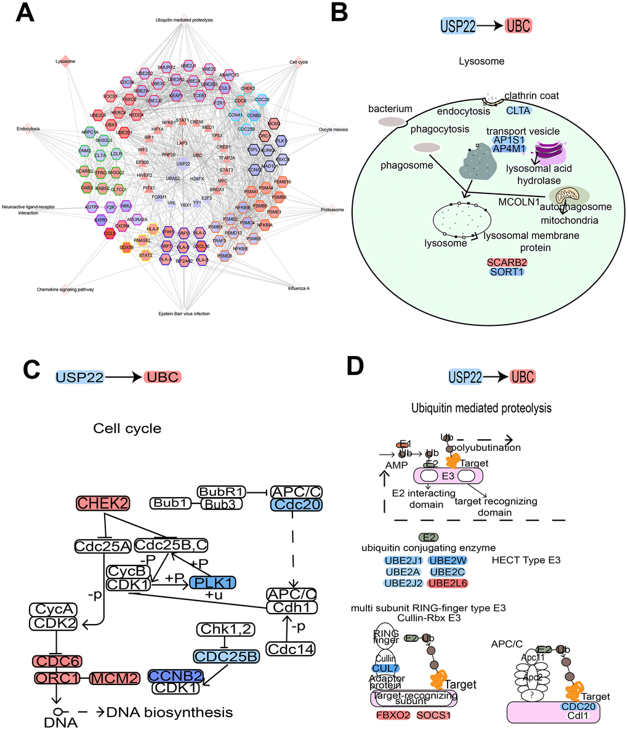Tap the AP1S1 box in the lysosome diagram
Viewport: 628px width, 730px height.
(x=509, y=140)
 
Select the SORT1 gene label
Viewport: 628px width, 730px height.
(x=507, y=271)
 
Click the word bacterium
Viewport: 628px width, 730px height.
(x=390, y=109)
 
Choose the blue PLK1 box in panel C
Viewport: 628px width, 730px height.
(x=213, y=582)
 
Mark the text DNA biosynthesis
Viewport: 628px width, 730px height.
(x=170, y=713)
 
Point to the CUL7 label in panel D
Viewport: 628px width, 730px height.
(x=385, y=668)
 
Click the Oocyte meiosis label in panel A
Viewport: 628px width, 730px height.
(x=334, y=129)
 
